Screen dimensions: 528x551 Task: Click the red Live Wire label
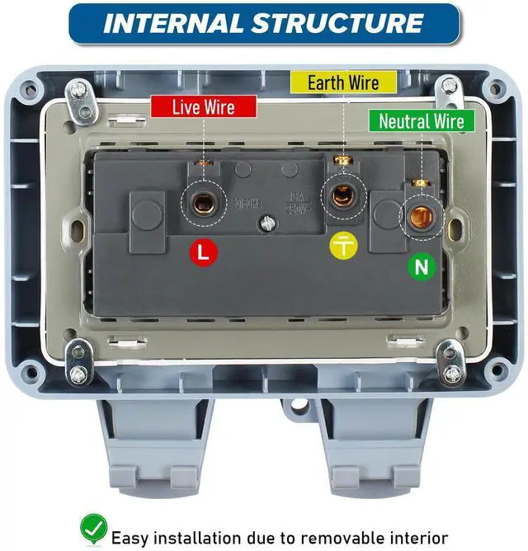[x=203, y=107]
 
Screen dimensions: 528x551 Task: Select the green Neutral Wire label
[x=421, y=121]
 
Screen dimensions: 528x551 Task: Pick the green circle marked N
[x=420, y=266]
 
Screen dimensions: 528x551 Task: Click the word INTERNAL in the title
[x=172, y=23]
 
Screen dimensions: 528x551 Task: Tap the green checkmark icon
[x=93, y=527]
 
